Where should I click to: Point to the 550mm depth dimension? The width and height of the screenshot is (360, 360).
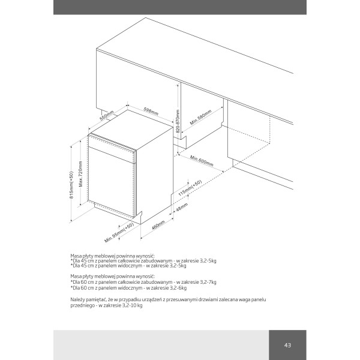coord(107,115)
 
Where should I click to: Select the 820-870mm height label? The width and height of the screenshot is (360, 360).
coord(178,121)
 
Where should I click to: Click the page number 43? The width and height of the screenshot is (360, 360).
coord(287,345)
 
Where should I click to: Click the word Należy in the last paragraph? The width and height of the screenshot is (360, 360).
coord(77,299)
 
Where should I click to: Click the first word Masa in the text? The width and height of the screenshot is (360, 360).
coord(76,256)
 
